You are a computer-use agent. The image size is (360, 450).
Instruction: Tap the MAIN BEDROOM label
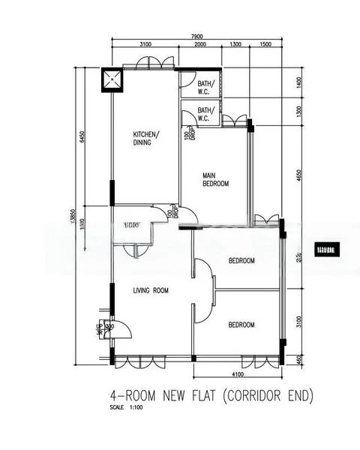(216, 179)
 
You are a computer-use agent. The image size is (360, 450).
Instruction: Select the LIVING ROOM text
(151, 290)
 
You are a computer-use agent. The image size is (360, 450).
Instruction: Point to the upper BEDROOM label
(241, 260)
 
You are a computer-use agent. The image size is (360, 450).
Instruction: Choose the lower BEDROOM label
(241, 325)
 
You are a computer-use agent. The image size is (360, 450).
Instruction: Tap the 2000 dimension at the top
(200, 45)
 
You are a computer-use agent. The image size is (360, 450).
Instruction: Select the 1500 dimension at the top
(265, 45)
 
